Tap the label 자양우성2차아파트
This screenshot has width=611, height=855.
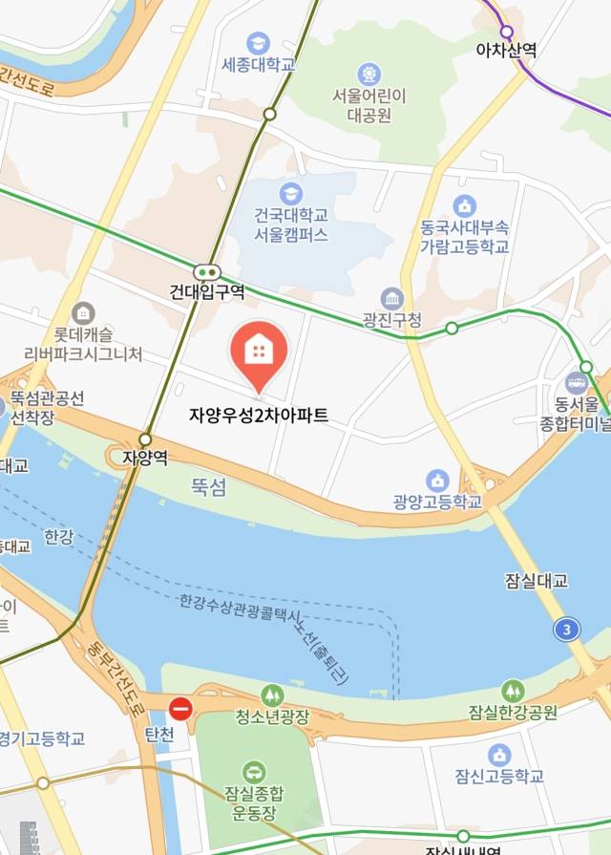pyautogui.click(x=258, y=416)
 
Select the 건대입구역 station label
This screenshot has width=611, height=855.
pyautogui.click(x=207, y=291)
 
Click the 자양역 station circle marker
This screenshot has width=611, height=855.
pyautogui.click(x=144, y=439)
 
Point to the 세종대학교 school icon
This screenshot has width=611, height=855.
pyautogui.click(x=258, y=43)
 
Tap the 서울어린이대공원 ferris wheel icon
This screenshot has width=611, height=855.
pyautogui.click(x=369, y=73)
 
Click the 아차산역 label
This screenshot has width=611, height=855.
pyautogui.click(x=506, y=50)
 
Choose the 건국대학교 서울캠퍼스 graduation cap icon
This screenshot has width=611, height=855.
pyautogui.click(x=291, y=194)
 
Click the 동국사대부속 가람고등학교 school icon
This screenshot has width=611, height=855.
pyautogui.click(x=465, y=205)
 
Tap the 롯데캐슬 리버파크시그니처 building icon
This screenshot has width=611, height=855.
pyautogui.click(x=83, y=312)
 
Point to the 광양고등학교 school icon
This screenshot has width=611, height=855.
pyautogui.click(x=437, y=480)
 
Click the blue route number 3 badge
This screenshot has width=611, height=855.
pyautogui.click(x=567, y=630)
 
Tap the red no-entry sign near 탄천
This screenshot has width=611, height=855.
pyautogui.click(x=180, y=709)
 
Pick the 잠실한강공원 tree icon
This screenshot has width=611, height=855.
pyautogui.click(x=513, y=690)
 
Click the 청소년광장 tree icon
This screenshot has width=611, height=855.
pyautogui.click(x=272, y=695)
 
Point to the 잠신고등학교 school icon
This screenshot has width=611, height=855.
pyautogui.click(x=499, y=755)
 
